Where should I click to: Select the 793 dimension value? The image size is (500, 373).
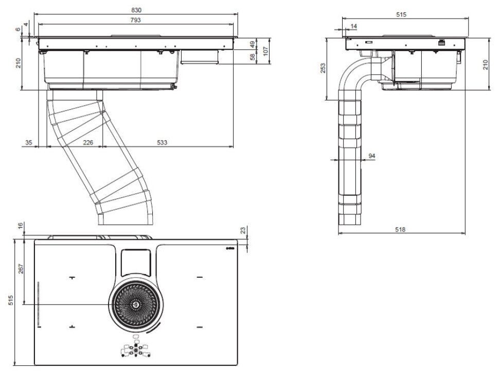pyautogui.click(x=136, y=20)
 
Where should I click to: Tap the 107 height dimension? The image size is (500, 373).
pyautogui.click(x=266, y=50)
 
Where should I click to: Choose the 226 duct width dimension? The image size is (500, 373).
pyautogui.click(x=88, y=142)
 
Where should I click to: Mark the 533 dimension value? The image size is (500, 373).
pyautogui.click(x=163, y=142)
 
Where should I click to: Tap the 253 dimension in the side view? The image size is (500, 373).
pyautogui.click(x=323, y=69)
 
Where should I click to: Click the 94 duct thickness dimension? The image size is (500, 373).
pyautogui.click(x=371, y=156)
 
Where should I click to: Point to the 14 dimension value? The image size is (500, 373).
pyautogui.click(x=353, y=26)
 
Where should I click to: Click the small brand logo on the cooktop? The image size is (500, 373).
pyautogui.click(x=230, y=249)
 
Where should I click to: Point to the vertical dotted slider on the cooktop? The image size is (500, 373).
pyautogui.click(x=38, y=304)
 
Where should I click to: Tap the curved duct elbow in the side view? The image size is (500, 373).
pyautogui.click(x=355, y=75)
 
